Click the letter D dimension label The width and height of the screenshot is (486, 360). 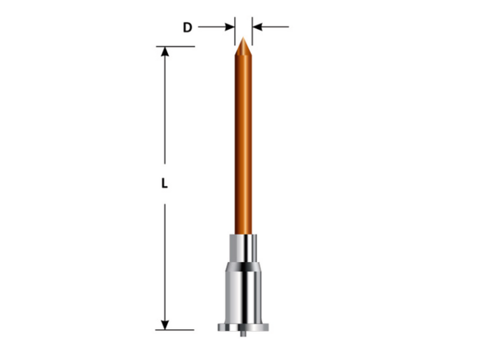(x=188, y=27)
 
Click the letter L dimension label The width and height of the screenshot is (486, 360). (x=165, y=183)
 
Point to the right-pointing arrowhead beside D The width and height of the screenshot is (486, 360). (x=229, y=27)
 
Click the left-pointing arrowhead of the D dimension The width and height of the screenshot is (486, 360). (x=257, y=27)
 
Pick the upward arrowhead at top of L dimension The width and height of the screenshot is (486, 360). (x=165, y=51)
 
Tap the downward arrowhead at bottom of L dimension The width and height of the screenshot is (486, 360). (x=165, y=325)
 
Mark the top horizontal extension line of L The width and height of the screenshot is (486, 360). (x=176, y=47)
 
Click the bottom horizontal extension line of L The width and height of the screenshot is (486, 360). (x=175, y=330)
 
